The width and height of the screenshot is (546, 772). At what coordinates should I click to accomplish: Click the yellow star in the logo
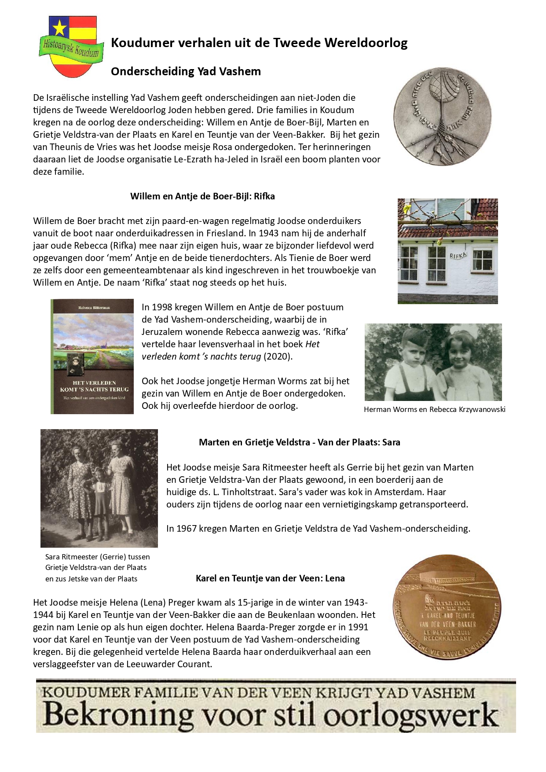tap(59, 29)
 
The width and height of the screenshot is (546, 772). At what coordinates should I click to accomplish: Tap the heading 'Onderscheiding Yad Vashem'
tap(186, 71)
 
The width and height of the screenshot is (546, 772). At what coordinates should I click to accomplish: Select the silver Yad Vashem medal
tap(442, 117)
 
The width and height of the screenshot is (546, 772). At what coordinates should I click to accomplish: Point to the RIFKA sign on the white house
tap(458, 255)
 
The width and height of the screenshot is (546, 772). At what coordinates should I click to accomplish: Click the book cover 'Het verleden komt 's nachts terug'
tap(92, 356)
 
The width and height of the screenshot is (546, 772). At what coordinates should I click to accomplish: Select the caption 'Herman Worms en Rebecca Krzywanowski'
tap(434, 409)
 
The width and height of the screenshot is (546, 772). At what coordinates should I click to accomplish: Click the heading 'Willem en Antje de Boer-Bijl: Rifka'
tap(202, 196)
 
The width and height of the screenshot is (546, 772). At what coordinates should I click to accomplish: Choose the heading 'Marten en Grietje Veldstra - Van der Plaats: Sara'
tap(299, 442)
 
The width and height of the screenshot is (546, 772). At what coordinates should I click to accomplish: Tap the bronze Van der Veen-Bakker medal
tap(447, 607)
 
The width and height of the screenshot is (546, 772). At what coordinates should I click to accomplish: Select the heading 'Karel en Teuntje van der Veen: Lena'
tap(270, 578)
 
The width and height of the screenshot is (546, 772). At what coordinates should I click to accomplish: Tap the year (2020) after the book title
tap(278, 357)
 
